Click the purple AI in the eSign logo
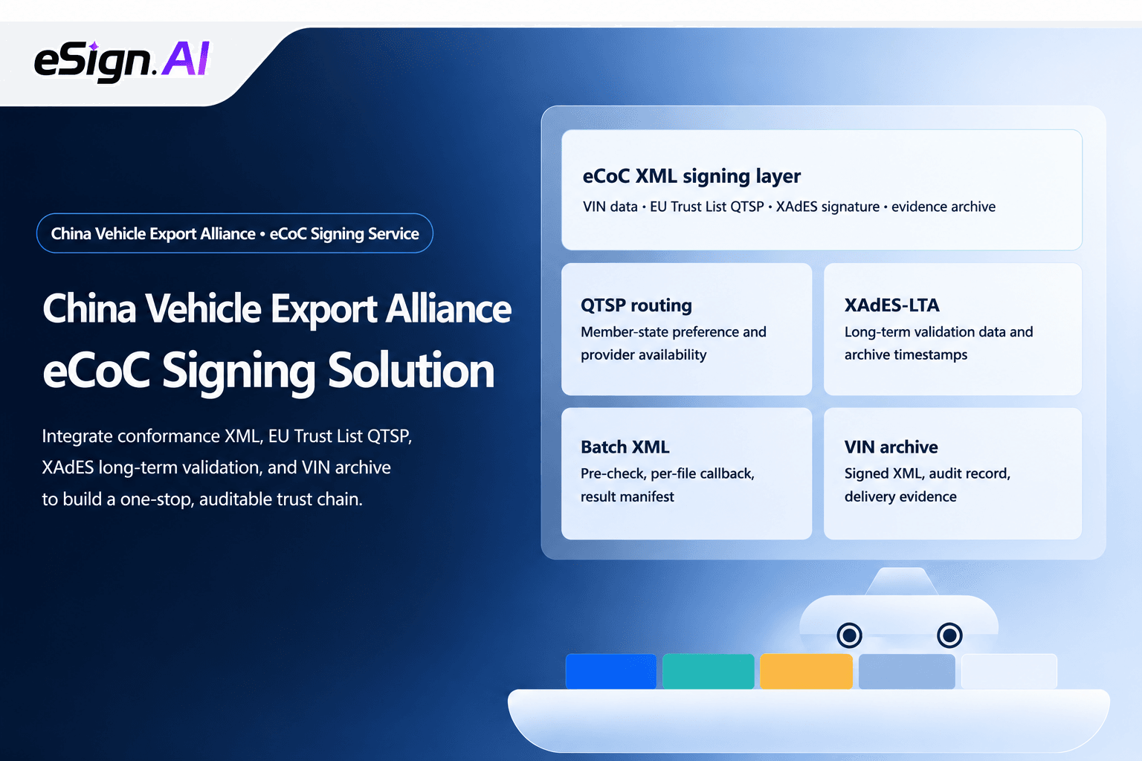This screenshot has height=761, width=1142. [186, 59]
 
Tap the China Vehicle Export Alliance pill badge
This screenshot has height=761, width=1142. [234, 233]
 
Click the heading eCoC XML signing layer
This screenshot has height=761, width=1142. [691, 176]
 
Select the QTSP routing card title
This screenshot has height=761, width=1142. [636, 305]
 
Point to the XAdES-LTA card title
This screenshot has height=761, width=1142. [891, 305]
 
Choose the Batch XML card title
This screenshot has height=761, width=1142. [625, 447]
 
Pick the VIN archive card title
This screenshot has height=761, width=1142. [891, 447]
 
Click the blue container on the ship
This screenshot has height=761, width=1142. [610, 671]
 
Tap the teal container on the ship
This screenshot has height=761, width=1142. [708, 671]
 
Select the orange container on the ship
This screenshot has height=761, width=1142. [806, 671]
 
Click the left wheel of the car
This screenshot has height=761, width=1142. [849, 635]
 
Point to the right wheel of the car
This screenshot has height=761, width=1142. [949, 635]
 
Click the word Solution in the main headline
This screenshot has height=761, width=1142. [411, 371]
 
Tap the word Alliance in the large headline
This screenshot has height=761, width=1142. [448, 308]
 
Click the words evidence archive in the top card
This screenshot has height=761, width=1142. [943, 207]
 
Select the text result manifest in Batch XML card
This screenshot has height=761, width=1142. [627, 496]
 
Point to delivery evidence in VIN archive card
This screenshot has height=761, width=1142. [900, 496]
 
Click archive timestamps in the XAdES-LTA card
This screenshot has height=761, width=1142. [906, 354]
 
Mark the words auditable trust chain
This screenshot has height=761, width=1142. [281, 499]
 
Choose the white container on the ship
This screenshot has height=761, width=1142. [1009, 671]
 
